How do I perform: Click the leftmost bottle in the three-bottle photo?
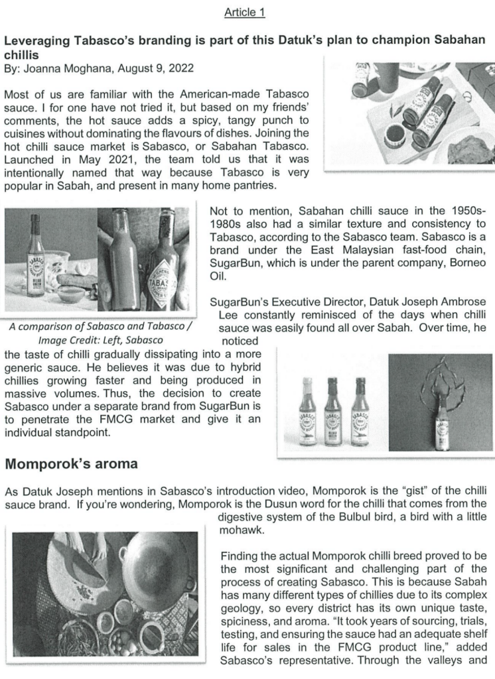(x=307, y=410)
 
